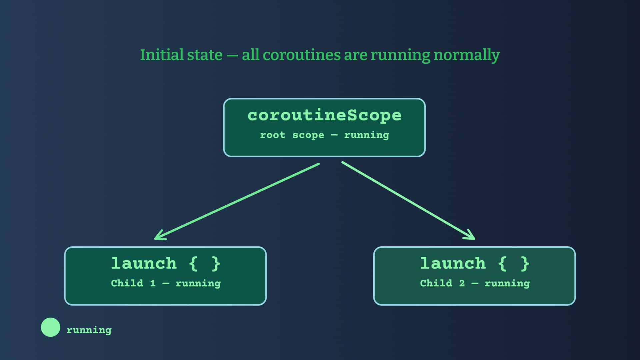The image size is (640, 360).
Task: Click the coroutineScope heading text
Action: pyautogui.click(x=324, y=115)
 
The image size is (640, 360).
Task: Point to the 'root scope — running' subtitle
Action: pyautogui.click(x=324, y=135)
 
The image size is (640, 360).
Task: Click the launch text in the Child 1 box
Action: pyautogui.click(x=144, y=263)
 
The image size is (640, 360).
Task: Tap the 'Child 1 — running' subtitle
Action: pyautogui.click(x=166, y=283)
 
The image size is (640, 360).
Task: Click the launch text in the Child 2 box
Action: pyautogui.click(x=453, y=263)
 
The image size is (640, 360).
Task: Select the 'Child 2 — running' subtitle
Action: pyautogui.click(x=475, y=283)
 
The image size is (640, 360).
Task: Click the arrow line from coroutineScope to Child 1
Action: pyautogui.click(x=237, y=201)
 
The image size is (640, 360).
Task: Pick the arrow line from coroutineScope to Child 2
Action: pyautogui.click(x=408, y=201)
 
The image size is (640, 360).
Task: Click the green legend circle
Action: pyautogui.click(x=51, y=327)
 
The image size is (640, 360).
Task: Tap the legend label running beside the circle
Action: pyautogui.click(x=89, y=330)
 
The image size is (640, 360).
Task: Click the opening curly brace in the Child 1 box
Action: pyautogui.click(x=193, y=264)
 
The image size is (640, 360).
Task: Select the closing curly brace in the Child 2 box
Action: pyautogui.click(x=525, y=264)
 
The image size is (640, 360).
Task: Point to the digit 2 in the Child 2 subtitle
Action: pyautogui.click(x=462, y=283)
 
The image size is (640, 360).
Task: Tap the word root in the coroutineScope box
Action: pyautogui.click(x=273, y=135)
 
